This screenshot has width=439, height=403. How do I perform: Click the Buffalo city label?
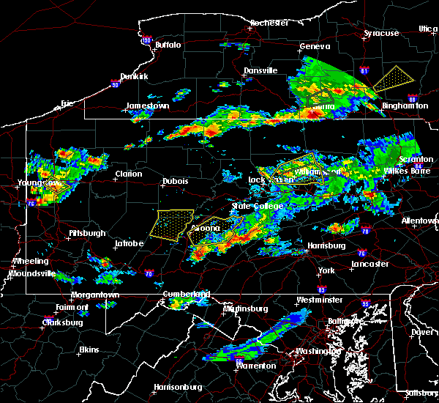(x=168, y=45)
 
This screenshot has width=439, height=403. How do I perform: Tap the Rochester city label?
(x=269, y=23)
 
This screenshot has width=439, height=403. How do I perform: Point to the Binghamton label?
(x=405, y=106)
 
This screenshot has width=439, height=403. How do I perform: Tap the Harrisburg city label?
(x=326, y=245)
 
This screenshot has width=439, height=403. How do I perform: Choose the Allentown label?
(x=420, y=221)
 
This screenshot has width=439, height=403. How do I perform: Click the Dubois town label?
(x=175, y=181)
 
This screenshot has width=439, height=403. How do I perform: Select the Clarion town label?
(x=128, y=174)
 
